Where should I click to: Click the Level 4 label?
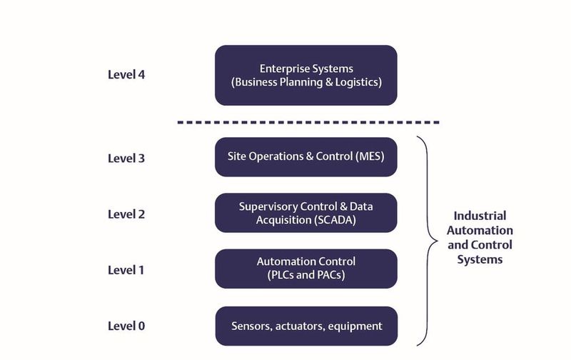tap(126, 74)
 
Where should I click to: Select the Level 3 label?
tap(126, 158)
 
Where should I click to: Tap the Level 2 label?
tap(126, 214)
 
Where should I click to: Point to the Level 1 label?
tap(126, 269)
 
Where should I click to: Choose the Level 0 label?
tap(126, 326)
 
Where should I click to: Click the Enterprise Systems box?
tap(306, 75)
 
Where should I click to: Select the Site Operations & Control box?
tap(306, 156)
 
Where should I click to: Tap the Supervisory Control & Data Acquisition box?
tap(306, 213)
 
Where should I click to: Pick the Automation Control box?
tap(306, 269)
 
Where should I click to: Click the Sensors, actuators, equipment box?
tap(306, 326)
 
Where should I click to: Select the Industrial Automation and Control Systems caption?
tap(483, 237)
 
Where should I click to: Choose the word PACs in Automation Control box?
tap(330, 275)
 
